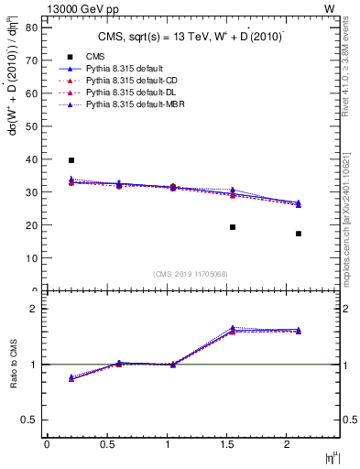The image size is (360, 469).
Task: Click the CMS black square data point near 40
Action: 71,160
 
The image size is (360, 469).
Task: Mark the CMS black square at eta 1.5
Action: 233,227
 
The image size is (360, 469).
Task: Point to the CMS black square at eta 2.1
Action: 299,234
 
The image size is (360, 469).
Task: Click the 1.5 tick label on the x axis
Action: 227,444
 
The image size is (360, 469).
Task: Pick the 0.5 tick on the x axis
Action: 107,444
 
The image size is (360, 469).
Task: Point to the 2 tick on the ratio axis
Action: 33,309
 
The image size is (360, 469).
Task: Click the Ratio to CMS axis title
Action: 13,364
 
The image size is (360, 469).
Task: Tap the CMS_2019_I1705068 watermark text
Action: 191,273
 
